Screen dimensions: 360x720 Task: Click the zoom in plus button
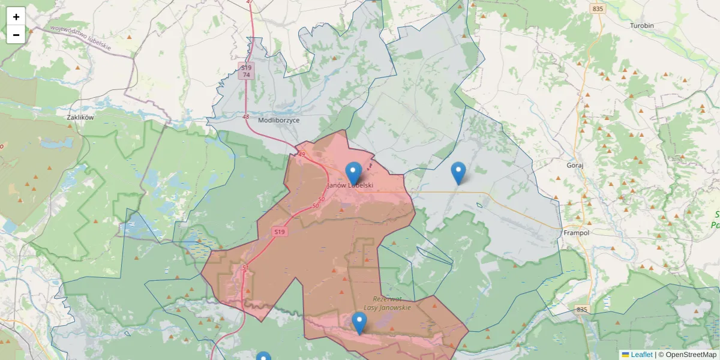pyautogui.click(x=16, y=17)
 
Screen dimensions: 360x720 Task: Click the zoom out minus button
pyautogui.click(x=16, y=35)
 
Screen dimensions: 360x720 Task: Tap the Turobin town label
pyautogui.click(x=641, y=26)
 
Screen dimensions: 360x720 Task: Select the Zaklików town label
pyautogui.click(x=81, y=118)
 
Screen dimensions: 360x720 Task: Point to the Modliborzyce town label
pyautogui.click(x=278, y=120)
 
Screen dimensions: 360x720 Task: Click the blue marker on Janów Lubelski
pyautogui.click(x=354, y=173)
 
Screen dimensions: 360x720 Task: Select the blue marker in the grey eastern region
pyautogui.click(x=458, y=173)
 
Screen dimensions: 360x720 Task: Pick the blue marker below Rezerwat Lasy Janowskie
pyautogui.click(x=359, y=323)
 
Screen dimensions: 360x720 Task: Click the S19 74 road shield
pyautogui.click(x=246, y=71)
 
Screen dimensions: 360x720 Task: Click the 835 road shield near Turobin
pyautogui.click(x=597, y=9)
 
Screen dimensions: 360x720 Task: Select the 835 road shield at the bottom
pyautogui.click(x=581, y=310)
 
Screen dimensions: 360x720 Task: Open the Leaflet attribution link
pyautogui.click(x=641, y=355)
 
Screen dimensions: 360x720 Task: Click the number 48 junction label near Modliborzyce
pyautogui.click(x=246, y=116)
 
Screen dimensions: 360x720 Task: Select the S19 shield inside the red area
pyautogui.click(x=279, y=232)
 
